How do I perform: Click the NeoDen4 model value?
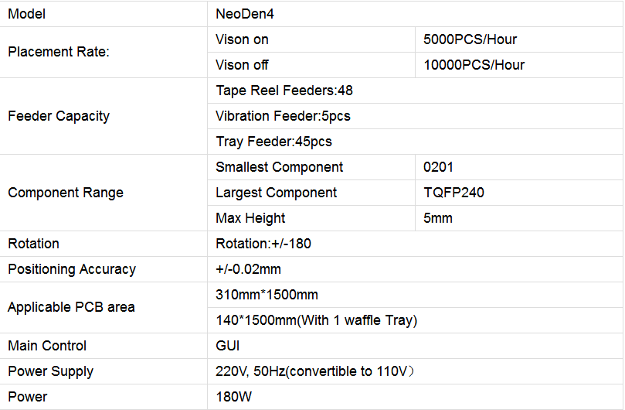[245, 14]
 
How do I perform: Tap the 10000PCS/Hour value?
[474, 65]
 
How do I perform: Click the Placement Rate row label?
[59, 52]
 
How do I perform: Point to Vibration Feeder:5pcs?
[283, 116]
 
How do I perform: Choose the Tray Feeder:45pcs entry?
[273, 142]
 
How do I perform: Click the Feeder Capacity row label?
[59, 116]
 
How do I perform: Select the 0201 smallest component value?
[438, 167]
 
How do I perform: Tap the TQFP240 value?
[453, 193]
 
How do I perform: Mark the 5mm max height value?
[438, 218]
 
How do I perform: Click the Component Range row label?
[66, 193]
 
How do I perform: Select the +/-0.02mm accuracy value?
[248, 269]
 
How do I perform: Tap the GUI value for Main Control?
[228, 346]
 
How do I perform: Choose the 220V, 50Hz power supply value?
[315, 371]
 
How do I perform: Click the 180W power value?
[233, 397]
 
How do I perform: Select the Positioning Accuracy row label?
[72, 269]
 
